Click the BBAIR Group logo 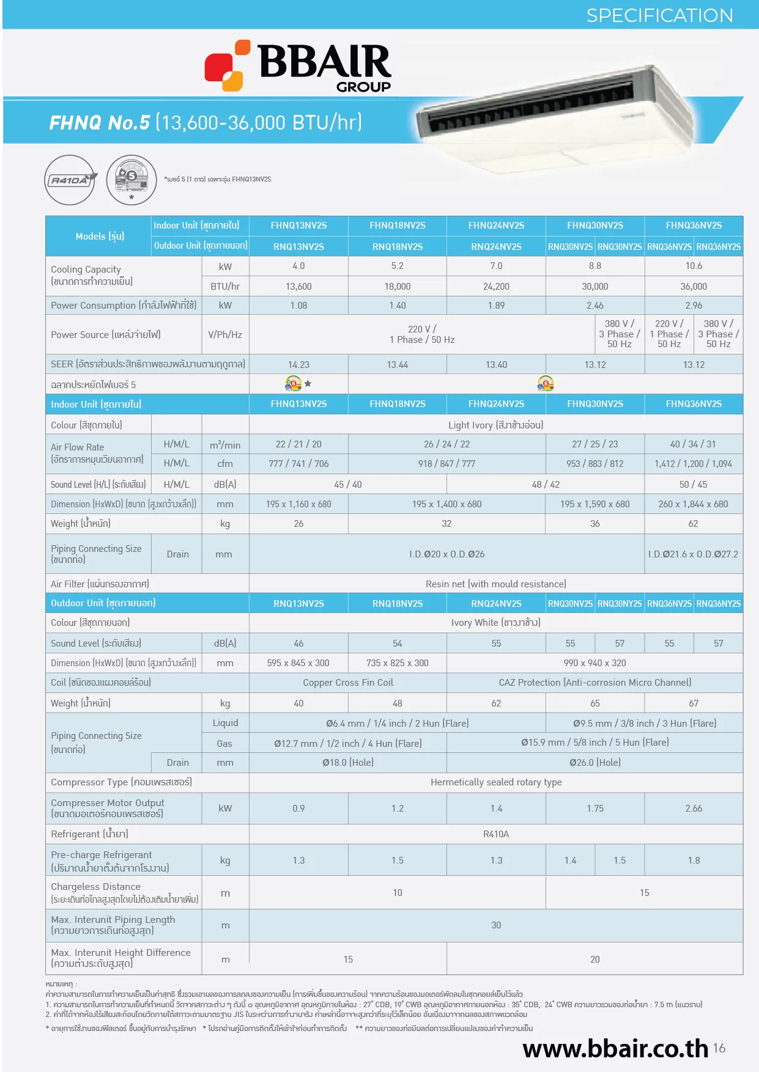[x=298, y=66]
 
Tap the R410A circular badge [x=70, y=180]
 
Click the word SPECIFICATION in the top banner [x=659, y=15]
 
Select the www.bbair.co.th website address [x=615, y=1049]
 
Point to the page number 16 [x=719, y=1048]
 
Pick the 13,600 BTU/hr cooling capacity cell [x=298, y=287]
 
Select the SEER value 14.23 [x=298, y=365]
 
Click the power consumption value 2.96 [x=694, y=306]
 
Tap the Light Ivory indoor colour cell [x=495, y=425]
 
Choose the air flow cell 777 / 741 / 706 [x=298, y=464]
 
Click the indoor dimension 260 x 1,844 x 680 [x=693, y=504]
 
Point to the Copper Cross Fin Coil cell [x=348, y=683]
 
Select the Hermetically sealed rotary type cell [x=495, y=782]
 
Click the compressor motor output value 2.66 [x=694, y=809]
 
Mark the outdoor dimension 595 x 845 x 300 [x=298, y=663]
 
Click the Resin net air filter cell [x=495, y=584]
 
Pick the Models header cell [x=100, y=237]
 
